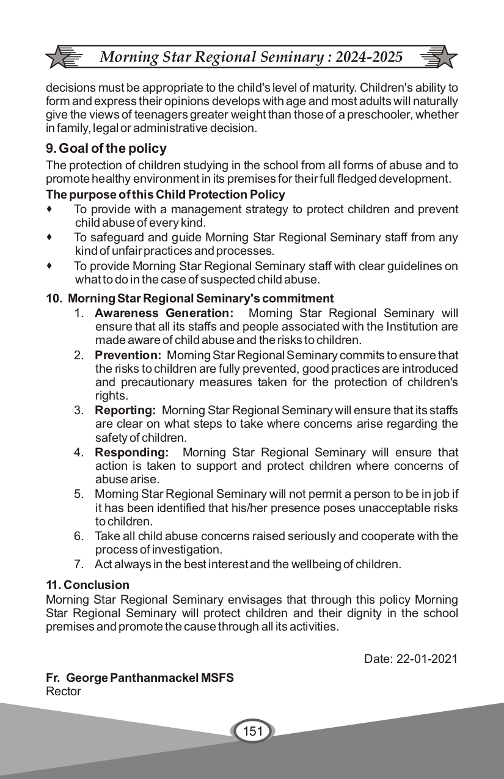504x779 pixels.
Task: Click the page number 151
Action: coord(252,731)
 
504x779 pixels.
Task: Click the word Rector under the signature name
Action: coord(64,692)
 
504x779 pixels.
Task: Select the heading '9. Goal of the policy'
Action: coord(106,148)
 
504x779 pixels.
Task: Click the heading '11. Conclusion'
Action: coord(88,585)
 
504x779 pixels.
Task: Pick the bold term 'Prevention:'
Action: coord(128,355)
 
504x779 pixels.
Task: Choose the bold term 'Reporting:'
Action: coord(125,410)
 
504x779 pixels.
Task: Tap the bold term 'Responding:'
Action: coord(131,453)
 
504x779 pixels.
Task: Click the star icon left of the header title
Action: coord(59,57)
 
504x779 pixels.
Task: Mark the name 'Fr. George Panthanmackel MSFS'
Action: coord(140,678)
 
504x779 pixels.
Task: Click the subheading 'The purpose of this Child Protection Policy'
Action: coord(166,195)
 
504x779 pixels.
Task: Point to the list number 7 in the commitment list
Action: coord(79,565)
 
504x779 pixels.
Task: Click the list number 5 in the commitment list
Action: coord(79,494)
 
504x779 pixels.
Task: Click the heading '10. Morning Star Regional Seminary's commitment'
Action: coord(190,299)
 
